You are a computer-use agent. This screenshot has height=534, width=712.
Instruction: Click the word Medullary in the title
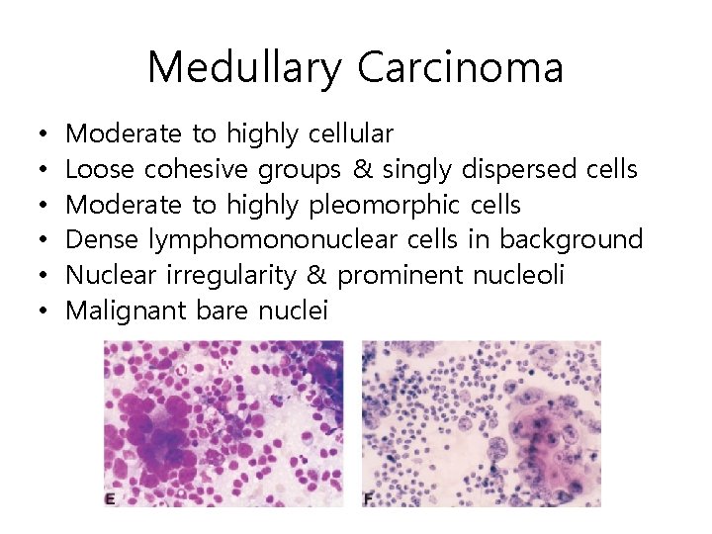(246, 68)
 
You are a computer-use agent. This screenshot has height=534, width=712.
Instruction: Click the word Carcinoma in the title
(460, 68)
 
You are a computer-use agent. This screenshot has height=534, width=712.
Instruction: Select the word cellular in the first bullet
(351, 133)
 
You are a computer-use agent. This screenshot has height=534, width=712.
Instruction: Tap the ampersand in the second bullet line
(363, 169)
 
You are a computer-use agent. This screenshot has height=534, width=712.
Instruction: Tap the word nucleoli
(517, 276)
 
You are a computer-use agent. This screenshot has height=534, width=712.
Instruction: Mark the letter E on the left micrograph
(110, 499)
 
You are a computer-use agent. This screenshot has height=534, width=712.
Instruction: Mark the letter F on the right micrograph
(368, 499)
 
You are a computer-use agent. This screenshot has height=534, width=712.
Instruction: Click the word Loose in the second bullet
(100, 169)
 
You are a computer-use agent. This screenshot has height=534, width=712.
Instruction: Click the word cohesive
(197, 169)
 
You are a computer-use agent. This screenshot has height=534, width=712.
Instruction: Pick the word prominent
(403, 276)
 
